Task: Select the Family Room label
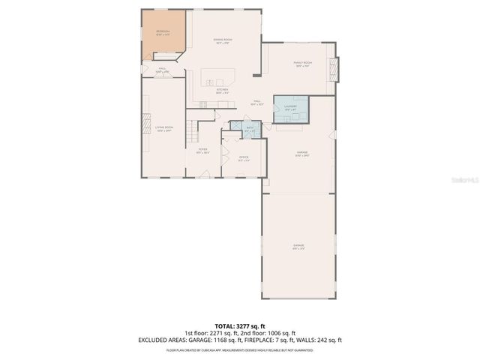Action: click(302, 64)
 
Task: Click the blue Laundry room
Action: click(290, 107)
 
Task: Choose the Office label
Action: click(242, 157)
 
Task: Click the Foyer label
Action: click(202, 151)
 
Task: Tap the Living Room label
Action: click(164, 129)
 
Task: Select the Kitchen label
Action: click(222, 91)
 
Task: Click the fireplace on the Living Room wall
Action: click(145, 127)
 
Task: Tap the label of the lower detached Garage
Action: click(298, 247)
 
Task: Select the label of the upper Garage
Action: click(301, 154)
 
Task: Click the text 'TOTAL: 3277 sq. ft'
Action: click(240, 325)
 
